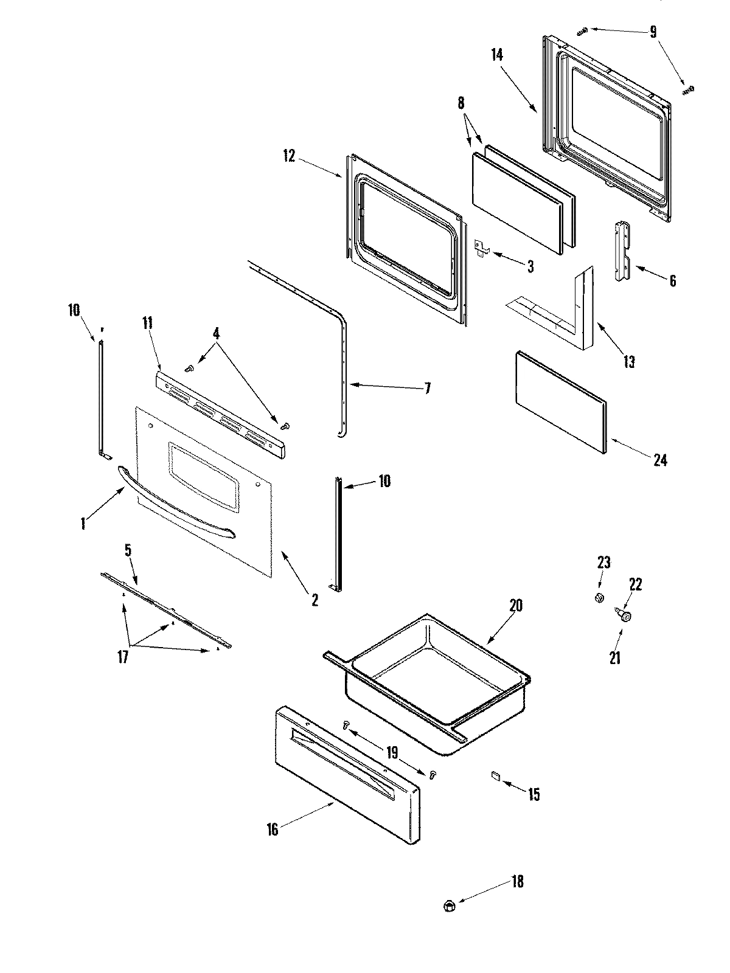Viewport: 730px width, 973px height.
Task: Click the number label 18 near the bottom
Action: point(516,881)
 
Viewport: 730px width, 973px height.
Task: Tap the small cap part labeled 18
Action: point(450,905)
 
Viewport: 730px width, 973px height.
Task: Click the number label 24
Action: point(660,460)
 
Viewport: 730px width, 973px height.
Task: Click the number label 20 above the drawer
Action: point(516,606)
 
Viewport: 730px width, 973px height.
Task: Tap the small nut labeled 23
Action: point(599,598)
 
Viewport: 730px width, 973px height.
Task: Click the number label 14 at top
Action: point(497,55)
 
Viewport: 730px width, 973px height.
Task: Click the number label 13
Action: point(629,362)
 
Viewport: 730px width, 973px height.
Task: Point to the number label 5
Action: point(128,551)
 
